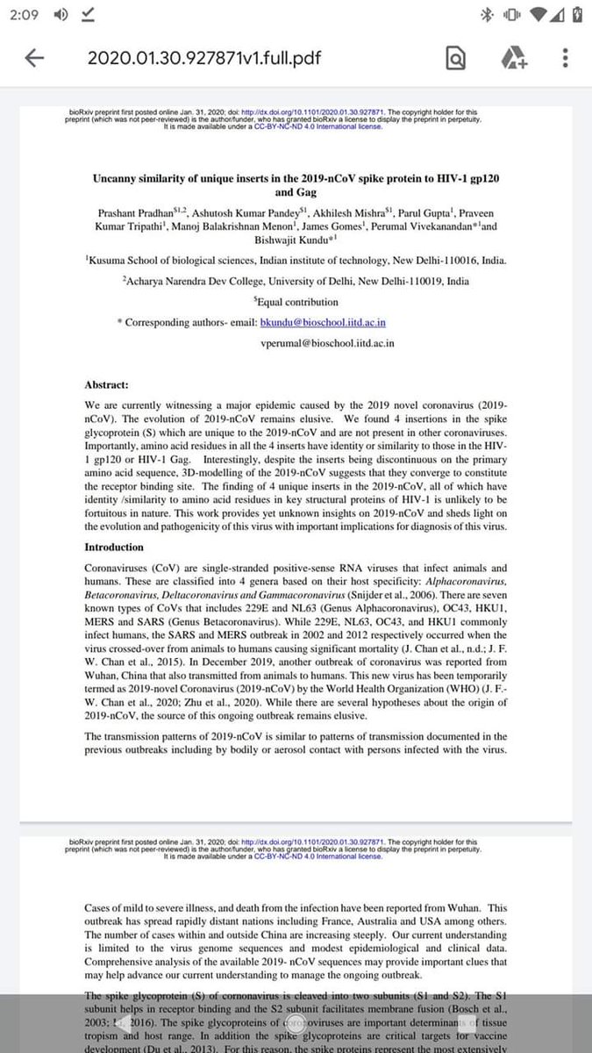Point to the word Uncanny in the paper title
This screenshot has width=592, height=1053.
[122, 176]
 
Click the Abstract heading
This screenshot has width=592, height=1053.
[107, 384]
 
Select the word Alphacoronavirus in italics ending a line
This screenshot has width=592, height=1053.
[464, 583]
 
